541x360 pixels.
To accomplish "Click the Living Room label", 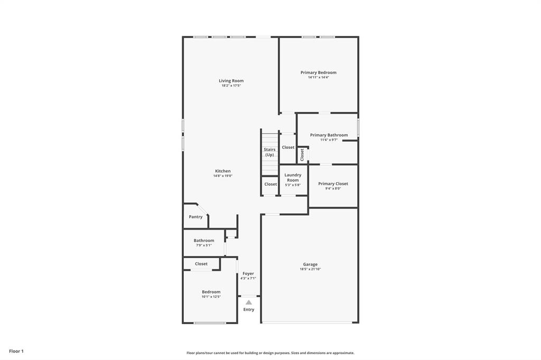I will point(231,81).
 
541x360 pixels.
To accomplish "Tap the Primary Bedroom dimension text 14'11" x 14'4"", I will point(319,78).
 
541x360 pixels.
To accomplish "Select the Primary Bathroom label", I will point(329,135).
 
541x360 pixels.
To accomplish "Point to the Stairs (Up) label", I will point(269,152).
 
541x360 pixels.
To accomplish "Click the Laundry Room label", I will point(293,177).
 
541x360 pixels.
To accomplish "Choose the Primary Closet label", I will point(333,184).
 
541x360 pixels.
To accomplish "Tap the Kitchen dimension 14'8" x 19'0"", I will point(222,176).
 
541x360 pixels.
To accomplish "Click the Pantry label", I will point(195,217).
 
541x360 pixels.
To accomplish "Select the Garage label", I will point(310,264).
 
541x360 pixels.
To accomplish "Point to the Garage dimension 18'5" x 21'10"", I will point(310,269).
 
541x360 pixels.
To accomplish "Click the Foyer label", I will point(248,273).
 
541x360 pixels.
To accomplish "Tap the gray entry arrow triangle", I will point(249,302).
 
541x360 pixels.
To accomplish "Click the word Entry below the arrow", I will point(249,309).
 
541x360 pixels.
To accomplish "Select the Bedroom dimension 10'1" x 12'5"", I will point(211,297).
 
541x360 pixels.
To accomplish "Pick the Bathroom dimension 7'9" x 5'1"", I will point(203,245).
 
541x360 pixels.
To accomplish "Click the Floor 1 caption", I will point(16,351).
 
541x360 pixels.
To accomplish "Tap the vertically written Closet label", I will point(302,155).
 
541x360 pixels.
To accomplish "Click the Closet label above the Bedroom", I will point(201,264).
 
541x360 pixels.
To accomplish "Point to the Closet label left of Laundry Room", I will point(270,184).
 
